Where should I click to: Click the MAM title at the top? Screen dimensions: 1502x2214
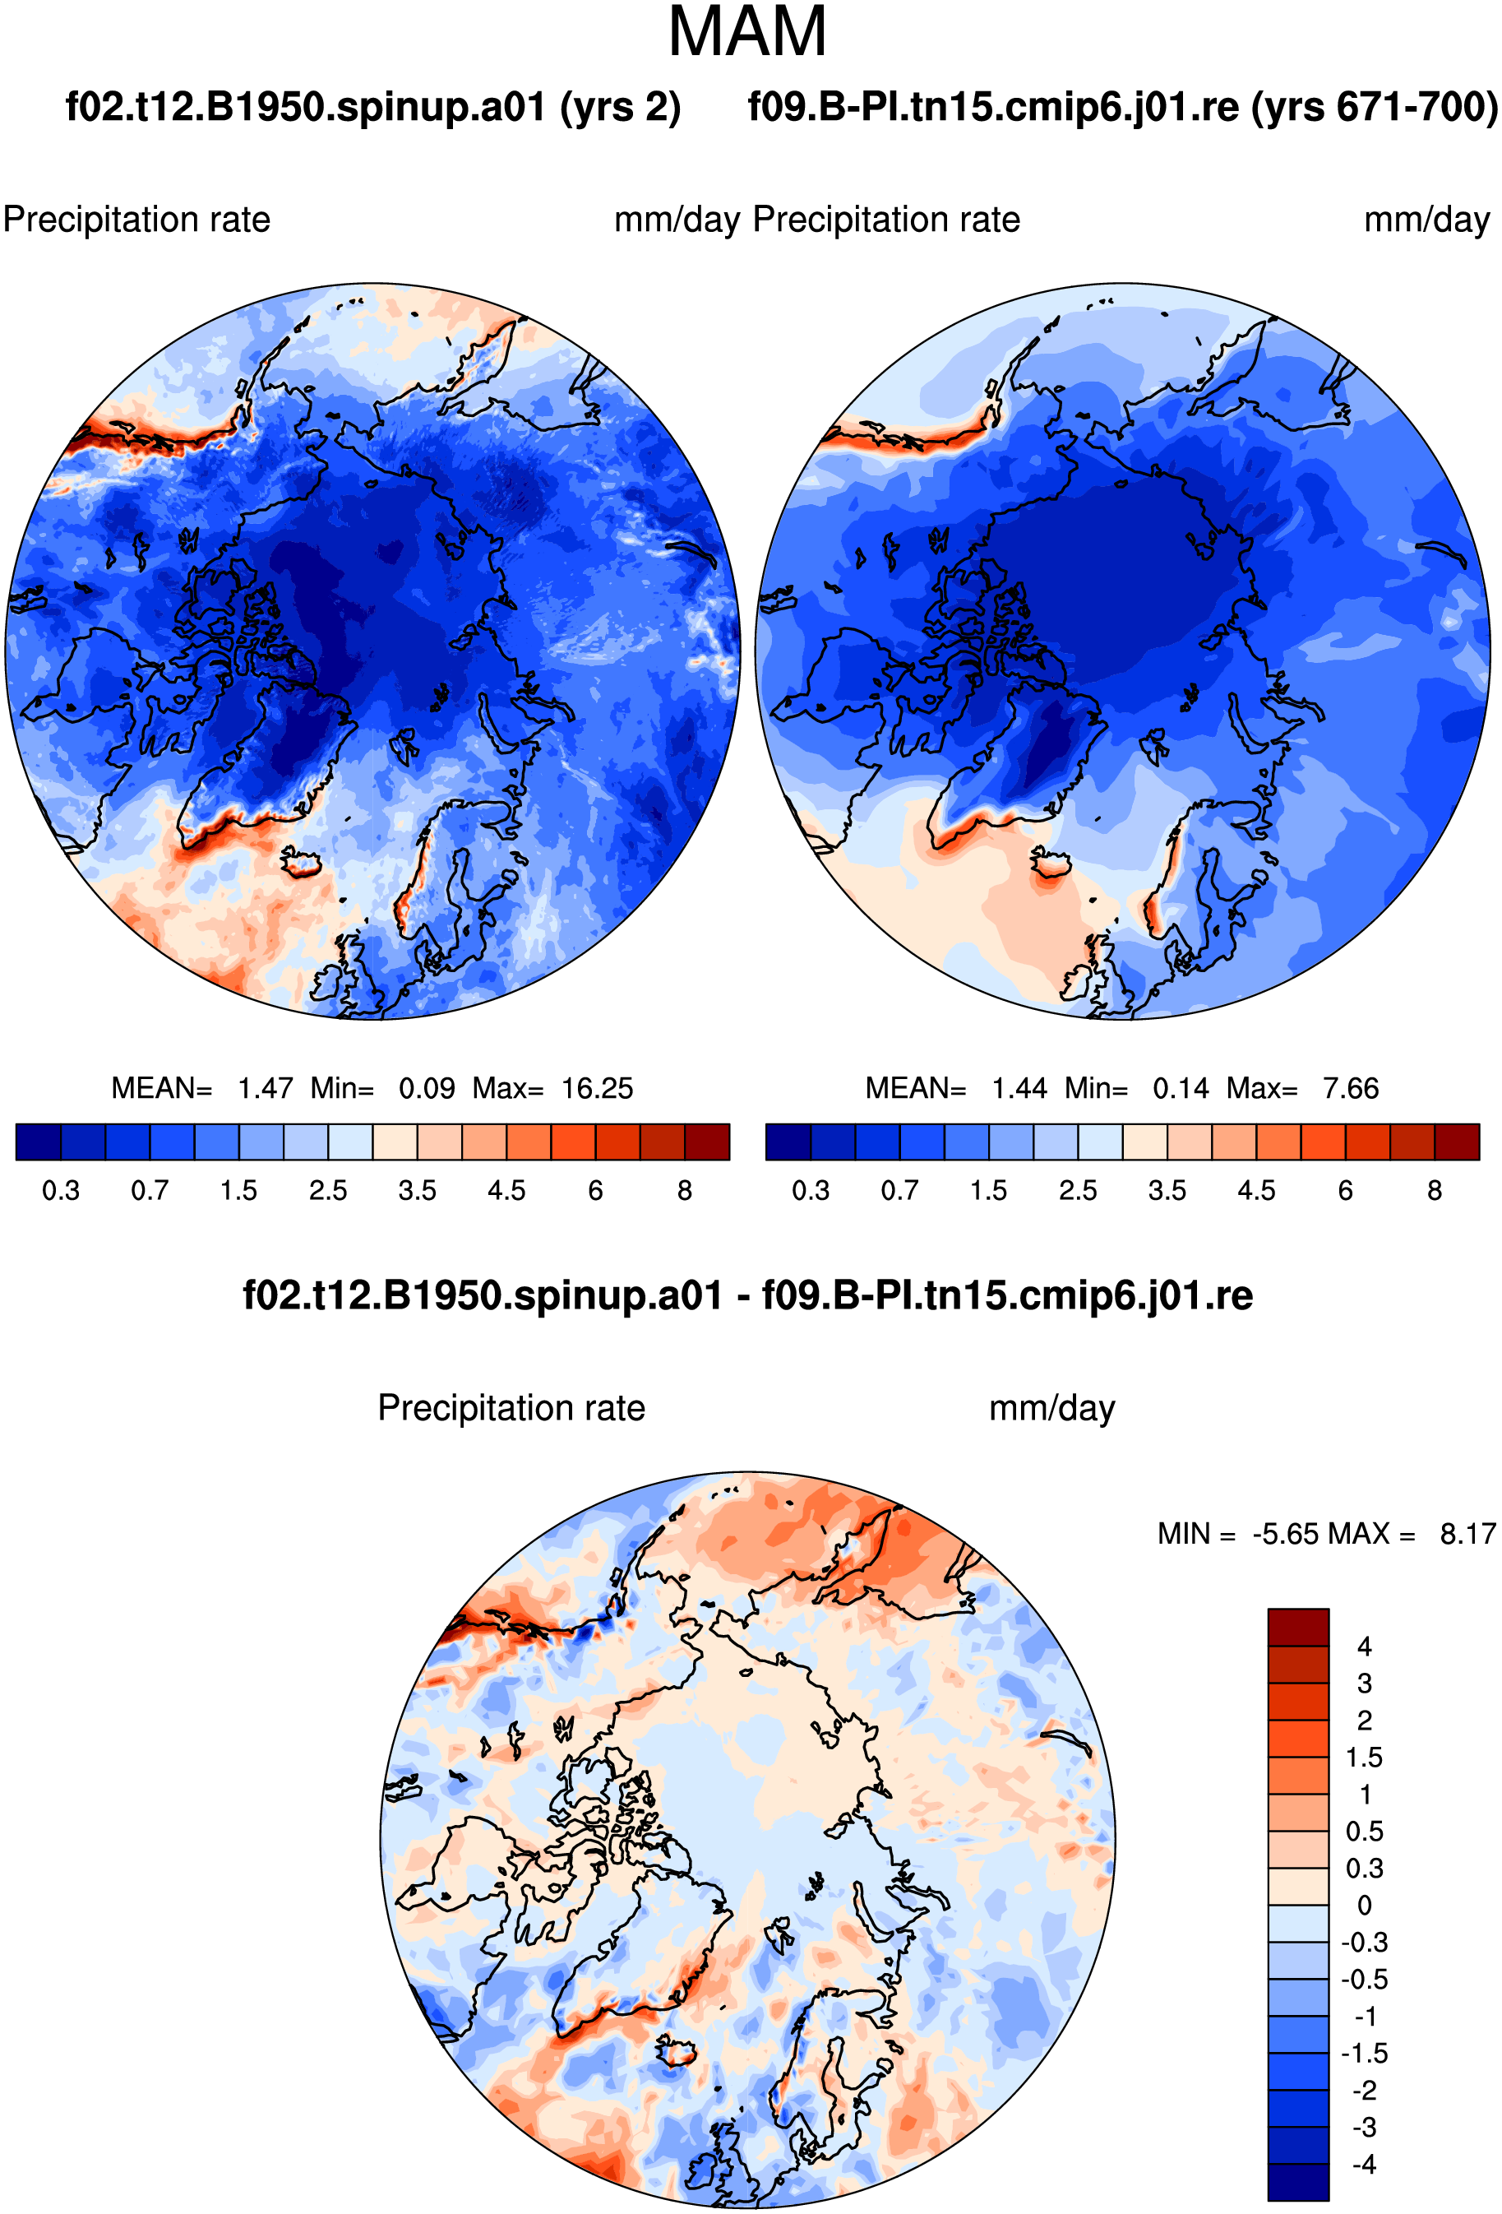point(747,32)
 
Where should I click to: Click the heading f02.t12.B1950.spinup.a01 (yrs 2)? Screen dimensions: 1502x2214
point(373,107)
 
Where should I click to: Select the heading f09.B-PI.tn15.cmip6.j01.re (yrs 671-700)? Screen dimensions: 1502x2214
point(1124,107)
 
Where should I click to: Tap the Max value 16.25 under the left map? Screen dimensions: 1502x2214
point(597,1089)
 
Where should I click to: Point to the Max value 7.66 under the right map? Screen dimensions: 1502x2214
point(1351,1089)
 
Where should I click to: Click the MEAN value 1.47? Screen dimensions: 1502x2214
point(265,1089)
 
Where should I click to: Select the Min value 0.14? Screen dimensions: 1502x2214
point(1181,1089)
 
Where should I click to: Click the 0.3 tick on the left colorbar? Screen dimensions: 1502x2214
point(61,1191)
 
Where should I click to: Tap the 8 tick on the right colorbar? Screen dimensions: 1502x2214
point(1435,1191)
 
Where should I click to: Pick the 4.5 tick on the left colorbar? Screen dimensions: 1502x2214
point(506,1191)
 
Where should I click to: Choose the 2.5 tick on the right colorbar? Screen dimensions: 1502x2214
point(1078,1191)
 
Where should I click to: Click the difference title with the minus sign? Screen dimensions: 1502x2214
point(747,1295)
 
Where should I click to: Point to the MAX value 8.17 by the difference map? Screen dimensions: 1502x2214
point(1467,1534)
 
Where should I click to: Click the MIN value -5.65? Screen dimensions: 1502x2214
point(1286,1534)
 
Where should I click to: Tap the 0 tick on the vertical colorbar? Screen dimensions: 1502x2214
point(1364,1906)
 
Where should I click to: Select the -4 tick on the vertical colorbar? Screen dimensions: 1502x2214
point(1364,2165)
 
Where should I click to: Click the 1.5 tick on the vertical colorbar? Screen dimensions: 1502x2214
point(1364,1758)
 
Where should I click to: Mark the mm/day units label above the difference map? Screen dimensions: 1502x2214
point(1051,1408)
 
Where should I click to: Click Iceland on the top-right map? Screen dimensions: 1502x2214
point(1051,865)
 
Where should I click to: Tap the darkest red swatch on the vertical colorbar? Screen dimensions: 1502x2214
point(1297,1626)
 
